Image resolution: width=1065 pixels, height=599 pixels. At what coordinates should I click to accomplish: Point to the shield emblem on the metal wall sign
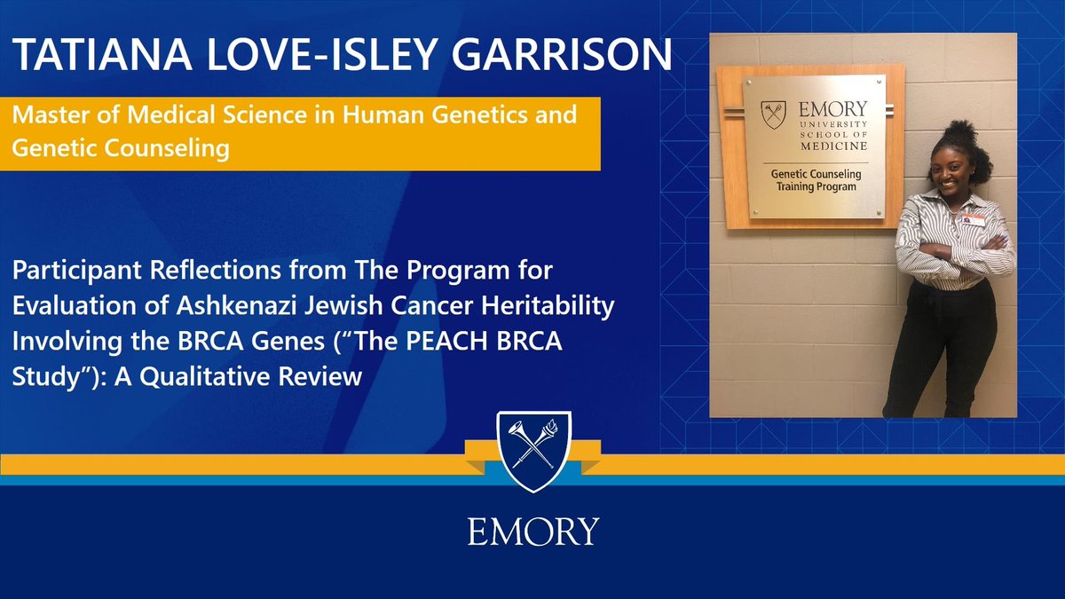773,114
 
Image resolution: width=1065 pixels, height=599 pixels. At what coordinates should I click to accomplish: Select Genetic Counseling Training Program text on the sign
814,181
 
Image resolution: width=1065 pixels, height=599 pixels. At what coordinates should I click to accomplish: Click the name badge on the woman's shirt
974,220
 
